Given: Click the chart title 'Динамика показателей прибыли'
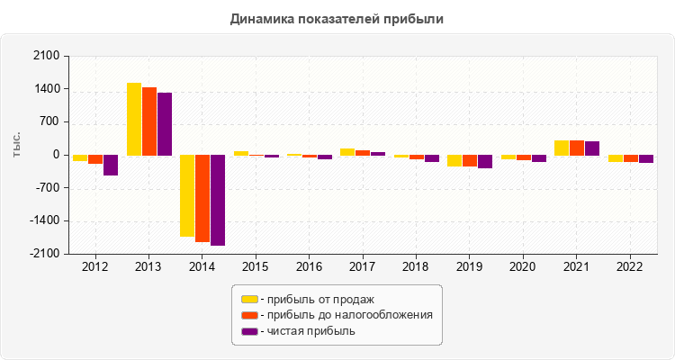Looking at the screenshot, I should pos(337,19).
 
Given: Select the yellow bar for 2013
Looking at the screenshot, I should pos(134,119).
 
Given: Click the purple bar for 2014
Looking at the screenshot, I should pos(218,200).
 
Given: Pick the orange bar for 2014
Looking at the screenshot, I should pos(202,198).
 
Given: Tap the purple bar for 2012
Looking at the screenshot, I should pos(111,165).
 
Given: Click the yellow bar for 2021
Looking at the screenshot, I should pos(562,148).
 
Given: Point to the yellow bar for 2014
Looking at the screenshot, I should pos(187,195).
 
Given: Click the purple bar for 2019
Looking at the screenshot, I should pos(485,161).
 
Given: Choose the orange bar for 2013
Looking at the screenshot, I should pos(149,121).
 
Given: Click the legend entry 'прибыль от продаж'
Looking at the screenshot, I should pos(316,299).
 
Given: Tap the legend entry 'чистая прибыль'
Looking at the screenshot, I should pos(307,331).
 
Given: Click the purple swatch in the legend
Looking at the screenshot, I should pos(249,331).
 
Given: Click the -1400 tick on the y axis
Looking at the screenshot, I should pos(44,221).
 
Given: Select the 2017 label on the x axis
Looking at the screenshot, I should pos(362,267).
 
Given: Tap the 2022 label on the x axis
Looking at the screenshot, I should pos(629,267).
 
